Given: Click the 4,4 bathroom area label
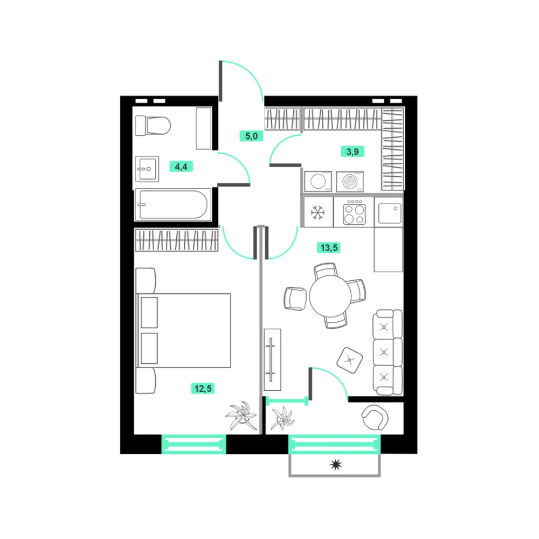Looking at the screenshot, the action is click(x=181, y=167).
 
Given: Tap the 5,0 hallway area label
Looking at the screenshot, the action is click(x=251, y=136).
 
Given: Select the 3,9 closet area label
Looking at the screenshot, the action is click(x=353, y=151).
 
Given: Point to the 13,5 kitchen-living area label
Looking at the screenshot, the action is click(x=329, y=247).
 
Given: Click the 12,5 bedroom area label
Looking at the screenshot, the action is click(x=203, y=389).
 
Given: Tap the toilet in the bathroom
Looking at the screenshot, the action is click(x=153, y=126).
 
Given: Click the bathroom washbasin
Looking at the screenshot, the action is click(x=147, y=169).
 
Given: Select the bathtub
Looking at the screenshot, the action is click(x=172, y=204).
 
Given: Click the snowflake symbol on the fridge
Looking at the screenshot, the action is click(x=317, y=212).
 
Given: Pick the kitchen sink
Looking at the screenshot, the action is click(x=390, y=213).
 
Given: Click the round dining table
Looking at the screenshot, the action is click(x=330, y=296).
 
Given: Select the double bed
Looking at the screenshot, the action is click(x=184, y=330).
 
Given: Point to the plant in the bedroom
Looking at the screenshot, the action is click(x=242, y=416).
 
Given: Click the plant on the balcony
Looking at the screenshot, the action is click(x=282, y=418).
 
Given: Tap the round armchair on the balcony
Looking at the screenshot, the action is click(x=375, y=417).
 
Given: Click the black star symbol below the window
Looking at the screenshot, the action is click(x=336, y=465).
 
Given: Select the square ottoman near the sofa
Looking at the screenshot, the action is click(x=350, y=360).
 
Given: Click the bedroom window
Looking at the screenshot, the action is click(x=194, y=444).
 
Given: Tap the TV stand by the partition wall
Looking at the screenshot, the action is click(x=272, y=360).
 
